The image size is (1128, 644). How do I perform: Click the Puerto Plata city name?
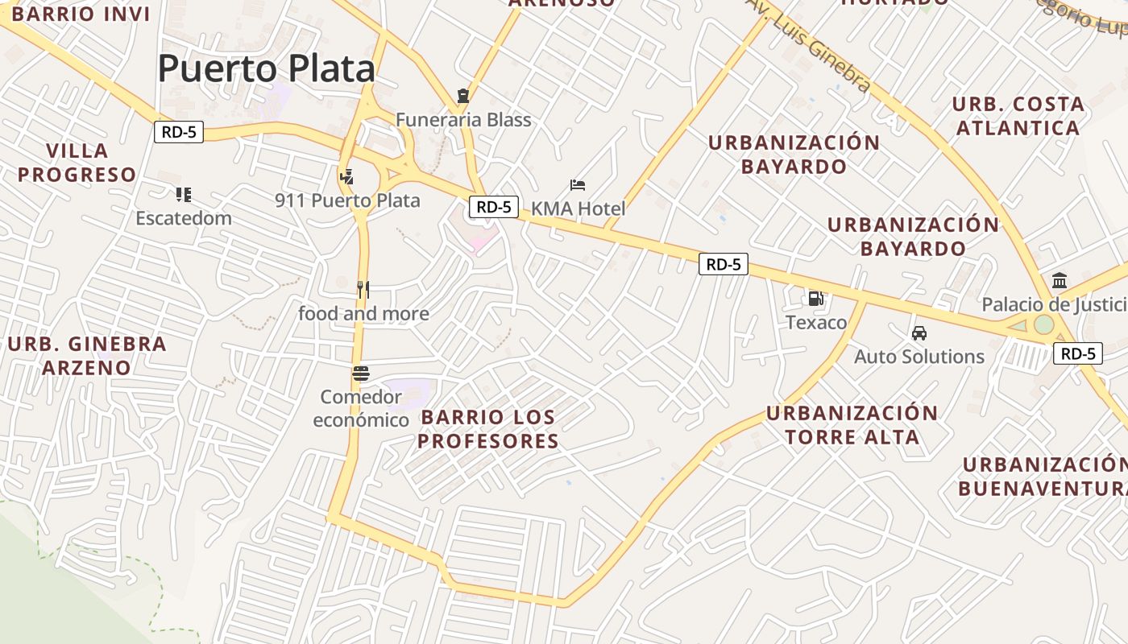(x=266, y=68)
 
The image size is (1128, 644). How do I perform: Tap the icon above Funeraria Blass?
(x=462, y=96)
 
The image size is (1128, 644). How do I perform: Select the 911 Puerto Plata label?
(x=347, y=200)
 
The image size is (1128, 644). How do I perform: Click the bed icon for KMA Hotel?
(x=577, y=185)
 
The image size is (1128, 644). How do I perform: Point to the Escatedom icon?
(x=184, y=194)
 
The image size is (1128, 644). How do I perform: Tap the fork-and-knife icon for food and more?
(x=363, y=290)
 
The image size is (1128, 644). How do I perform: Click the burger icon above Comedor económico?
(x=360, y=374)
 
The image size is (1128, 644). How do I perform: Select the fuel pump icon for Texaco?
(x=816, y=299)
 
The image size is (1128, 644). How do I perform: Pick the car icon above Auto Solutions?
(x=919, y=332)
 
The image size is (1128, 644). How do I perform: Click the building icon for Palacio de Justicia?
(x=1060, y=281)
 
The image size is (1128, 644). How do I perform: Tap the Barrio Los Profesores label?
(x=488, y=429)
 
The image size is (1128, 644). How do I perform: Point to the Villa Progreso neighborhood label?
(x=77, y=163)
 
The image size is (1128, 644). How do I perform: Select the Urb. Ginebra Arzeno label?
(x=87, y=356)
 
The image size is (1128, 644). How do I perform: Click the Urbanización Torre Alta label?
(x=852, y=425)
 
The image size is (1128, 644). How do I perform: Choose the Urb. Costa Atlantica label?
(x=1018, y=116)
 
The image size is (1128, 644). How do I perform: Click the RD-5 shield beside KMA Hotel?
(x=493, y=207)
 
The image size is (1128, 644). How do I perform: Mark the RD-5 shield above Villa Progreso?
(x=179, y=132)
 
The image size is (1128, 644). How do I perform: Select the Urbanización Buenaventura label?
(x=1043, y=477)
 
